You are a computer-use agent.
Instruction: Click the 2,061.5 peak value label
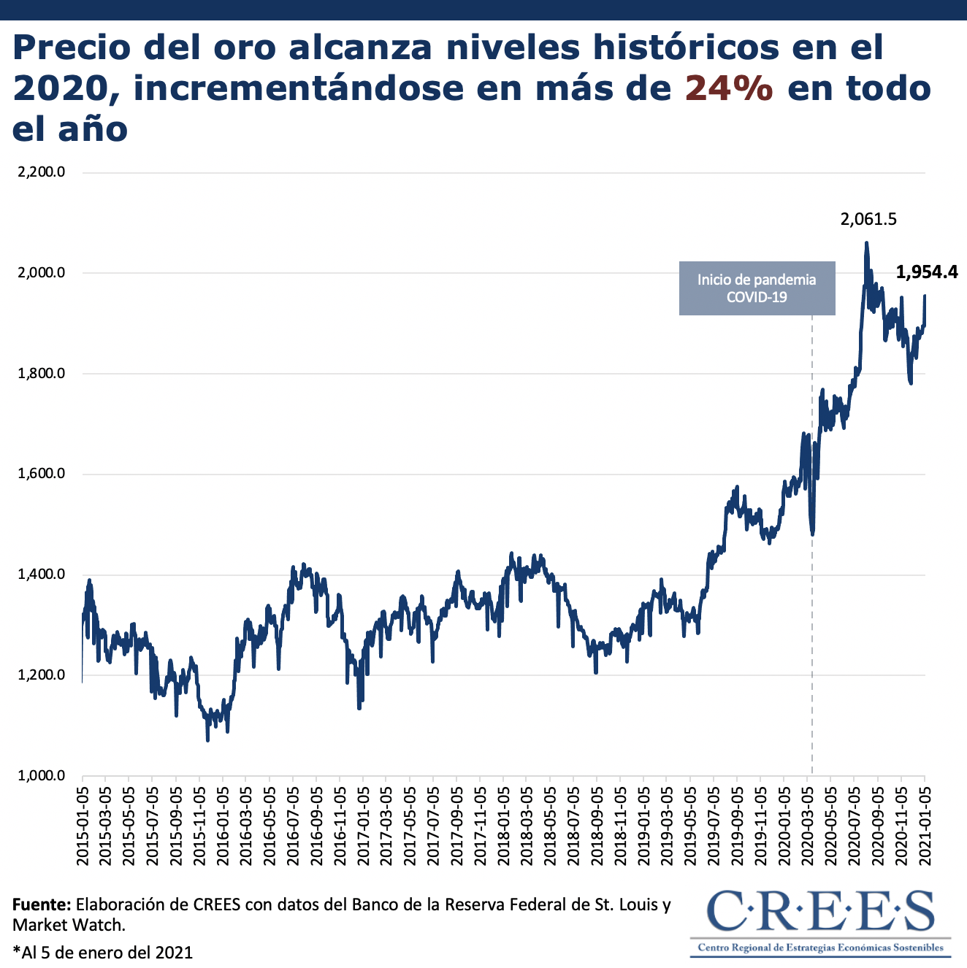[x=868, y=219]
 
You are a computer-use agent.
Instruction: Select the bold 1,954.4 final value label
[x=926, y=272]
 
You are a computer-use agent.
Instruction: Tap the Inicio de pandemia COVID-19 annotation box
[x=757, y=288]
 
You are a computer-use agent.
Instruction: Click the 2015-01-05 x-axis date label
[x=83, y=826]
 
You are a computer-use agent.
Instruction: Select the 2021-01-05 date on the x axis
[x=925, y=826]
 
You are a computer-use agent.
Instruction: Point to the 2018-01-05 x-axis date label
[x=504, y=826]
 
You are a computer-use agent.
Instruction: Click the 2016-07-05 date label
[x=294, y=826]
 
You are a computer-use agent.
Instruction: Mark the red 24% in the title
[x=729, y=88]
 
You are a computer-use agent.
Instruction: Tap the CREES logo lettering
[x=821, y=910]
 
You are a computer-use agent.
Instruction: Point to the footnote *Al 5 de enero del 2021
[x=102, y=952]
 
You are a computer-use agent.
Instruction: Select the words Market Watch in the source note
[x=67, y=926]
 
